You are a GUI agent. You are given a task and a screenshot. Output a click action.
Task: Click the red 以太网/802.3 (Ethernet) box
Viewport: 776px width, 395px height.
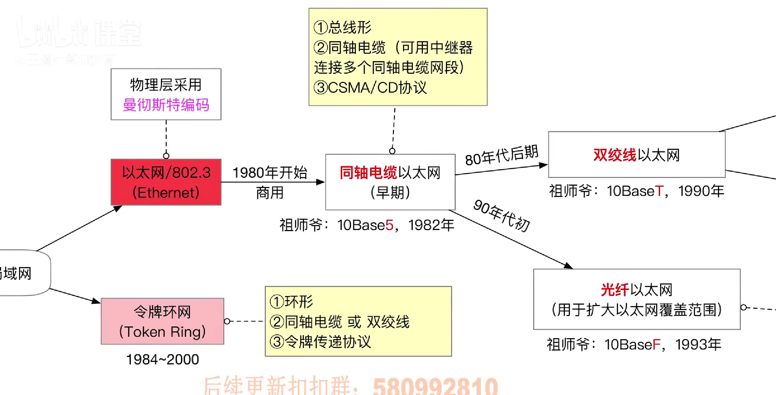(166, 182)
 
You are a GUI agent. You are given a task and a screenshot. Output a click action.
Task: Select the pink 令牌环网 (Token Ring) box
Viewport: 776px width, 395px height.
(162, 321)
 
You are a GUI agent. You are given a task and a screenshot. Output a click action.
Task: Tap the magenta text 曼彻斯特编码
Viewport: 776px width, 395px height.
(166, 105)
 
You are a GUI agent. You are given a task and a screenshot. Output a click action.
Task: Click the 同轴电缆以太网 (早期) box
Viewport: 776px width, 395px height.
(390, 182)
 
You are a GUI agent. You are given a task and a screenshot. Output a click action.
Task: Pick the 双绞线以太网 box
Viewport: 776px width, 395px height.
(637, 155)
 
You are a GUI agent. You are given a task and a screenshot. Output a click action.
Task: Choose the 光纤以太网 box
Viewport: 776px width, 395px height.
(637, 299)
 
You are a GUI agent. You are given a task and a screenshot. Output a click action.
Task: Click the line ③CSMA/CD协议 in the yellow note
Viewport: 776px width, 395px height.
(370, 88)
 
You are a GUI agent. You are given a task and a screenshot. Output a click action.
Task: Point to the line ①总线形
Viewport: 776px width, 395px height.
(342, 27)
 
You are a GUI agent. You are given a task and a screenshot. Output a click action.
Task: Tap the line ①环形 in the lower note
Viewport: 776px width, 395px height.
(291, 302)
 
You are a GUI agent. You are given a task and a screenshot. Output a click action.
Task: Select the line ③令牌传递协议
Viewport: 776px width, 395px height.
(320, 342)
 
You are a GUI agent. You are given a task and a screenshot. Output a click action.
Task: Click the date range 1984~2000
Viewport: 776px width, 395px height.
(162, 359)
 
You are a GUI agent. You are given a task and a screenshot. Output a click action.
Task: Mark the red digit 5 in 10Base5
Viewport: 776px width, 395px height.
(389, 225)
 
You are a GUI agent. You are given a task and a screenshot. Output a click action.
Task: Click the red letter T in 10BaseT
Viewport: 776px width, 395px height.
(659, 191)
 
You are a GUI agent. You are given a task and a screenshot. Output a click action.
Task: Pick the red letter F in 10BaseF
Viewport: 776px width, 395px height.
(656, 345)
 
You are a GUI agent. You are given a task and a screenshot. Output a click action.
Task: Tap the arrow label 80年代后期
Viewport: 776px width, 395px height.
(501, 155)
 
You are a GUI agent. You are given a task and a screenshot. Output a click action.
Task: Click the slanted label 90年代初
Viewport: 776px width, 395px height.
(501, 216)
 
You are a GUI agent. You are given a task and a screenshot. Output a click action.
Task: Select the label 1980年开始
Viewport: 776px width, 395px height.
(270, 173)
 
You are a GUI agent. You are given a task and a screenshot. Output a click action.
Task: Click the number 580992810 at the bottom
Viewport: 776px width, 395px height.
(435, 386)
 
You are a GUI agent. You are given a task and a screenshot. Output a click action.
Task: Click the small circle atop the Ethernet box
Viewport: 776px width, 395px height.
(166, 156)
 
